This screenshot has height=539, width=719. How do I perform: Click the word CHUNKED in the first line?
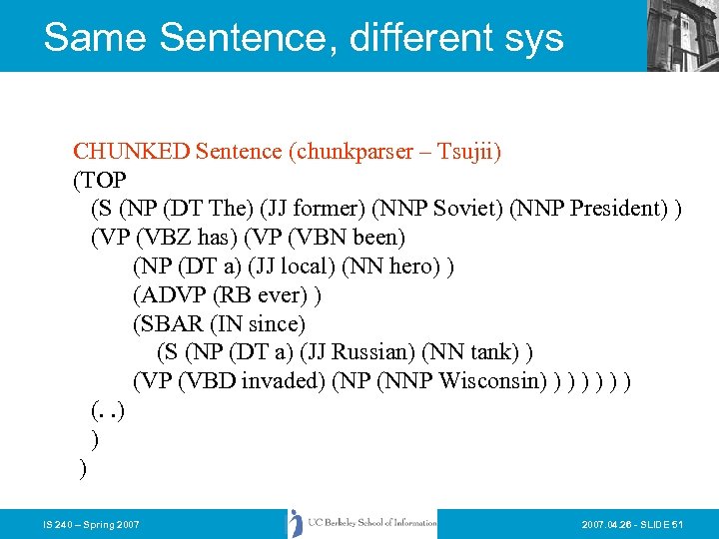pos(132,152)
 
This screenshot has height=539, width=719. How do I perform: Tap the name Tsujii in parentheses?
pos(467,152)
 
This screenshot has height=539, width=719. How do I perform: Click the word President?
pos(615,210)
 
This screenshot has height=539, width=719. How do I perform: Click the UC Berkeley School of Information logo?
pos(362,523)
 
